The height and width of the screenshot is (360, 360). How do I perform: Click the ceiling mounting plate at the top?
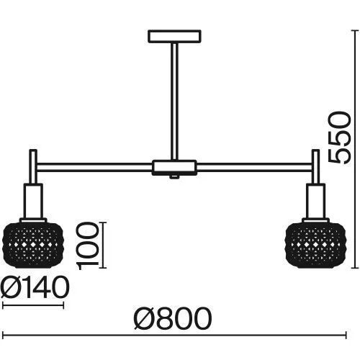tap(174, 37)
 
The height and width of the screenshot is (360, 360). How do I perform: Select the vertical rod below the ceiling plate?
tap(174, 102)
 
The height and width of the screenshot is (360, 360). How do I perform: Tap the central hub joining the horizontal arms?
tap(174, 167)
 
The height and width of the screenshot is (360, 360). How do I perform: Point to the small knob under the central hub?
tap(174, 177)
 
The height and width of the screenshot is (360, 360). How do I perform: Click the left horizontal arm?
tap(94, 167)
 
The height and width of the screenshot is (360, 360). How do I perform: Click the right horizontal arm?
tap(254, 167)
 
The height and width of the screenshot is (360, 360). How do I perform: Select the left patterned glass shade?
tap(33, 244)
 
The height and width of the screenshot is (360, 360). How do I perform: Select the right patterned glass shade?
tap(315, 244)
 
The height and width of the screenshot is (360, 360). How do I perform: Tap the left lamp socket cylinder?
tap(33, 201)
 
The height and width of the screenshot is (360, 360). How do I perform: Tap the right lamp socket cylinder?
tap(315, 201)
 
